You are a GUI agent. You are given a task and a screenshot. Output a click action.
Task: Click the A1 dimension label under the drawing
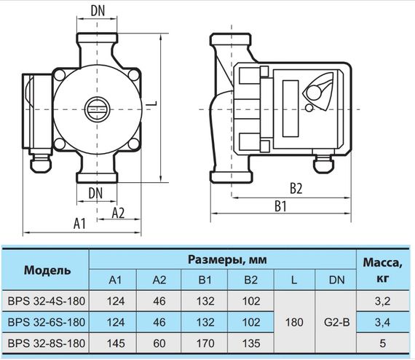(x=81, y=224)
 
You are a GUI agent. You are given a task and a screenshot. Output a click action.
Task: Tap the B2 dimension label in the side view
(x=296, y=187)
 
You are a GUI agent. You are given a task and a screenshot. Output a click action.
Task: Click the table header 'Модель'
(x=47, y=270)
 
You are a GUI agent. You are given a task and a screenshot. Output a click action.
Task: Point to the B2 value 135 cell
(x=249, y=343)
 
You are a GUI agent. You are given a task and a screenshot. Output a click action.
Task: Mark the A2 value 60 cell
(x=160, y=343)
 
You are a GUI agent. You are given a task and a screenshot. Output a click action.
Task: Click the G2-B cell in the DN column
(x=337, y=321)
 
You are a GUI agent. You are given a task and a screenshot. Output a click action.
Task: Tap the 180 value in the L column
(x=293, y=321)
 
